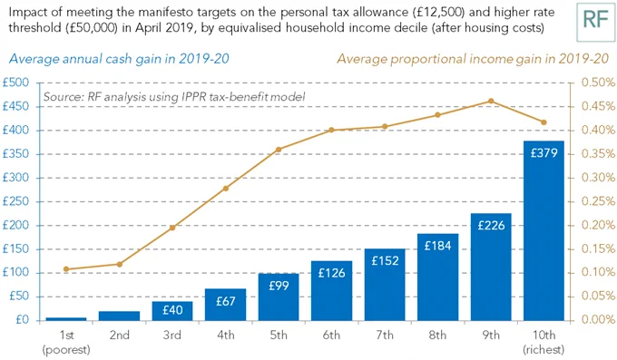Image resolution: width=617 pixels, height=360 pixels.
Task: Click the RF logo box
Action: click(596, 22)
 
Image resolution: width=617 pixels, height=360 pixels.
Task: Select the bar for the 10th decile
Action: click(544, 230)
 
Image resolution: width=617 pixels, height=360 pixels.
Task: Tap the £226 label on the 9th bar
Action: click(491, 226)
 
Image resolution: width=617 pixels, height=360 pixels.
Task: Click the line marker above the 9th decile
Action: click(491, 102)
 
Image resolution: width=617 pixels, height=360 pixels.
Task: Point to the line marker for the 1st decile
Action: click(66, 269)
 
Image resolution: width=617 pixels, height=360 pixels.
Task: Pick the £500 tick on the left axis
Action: click(15, 83)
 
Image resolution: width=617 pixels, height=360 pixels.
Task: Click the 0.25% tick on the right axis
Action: click(598, 201)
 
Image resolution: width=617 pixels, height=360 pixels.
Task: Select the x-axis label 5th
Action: click(279, 335)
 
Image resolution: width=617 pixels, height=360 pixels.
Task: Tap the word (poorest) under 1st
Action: click(66, 349)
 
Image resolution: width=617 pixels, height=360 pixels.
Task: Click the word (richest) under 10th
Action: click(544, 349)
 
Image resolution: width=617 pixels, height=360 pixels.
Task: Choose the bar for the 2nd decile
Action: click(119, 316)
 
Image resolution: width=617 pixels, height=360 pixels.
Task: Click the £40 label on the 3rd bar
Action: click(172, 310)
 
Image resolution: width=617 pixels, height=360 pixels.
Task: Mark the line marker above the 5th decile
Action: click(279, 150)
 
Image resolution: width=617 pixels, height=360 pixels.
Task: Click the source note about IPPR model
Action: click(174, 97)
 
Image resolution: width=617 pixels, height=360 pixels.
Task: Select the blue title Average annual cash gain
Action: click(119, 59)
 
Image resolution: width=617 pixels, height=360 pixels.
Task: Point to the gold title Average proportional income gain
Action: click(473, 59)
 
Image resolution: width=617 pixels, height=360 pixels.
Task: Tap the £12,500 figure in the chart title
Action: click(436, 12)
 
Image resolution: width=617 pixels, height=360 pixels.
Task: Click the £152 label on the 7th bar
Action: click(385, 260)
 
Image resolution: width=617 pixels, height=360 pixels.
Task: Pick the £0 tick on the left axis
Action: click(23, 320)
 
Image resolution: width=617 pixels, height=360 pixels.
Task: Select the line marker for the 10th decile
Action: click(544, 122)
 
